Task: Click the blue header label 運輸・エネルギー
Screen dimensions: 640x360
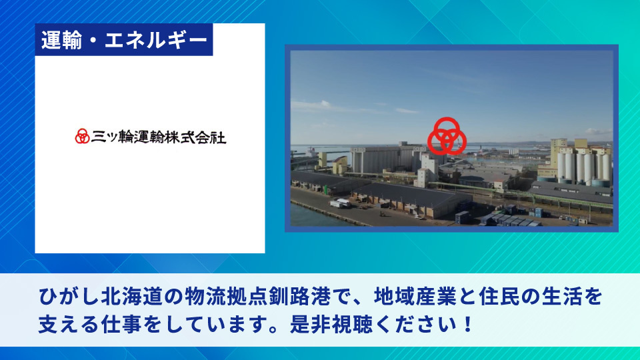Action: pos(124,39)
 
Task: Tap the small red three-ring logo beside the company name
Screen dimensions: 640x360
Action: pos(82,136)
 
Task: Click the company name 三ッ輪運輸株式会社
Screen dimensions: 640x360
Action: pos(159,137)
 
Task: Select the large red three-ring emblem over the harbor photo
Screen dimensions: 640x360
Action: pos(447,136)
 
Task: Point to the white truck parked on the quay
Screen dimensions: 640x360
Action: pos(339,203)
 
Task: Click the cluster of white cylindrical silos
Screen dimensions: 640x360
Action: pos(584,166)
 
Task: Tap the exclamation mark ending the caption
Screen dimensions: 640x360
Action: pos(468,325)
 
